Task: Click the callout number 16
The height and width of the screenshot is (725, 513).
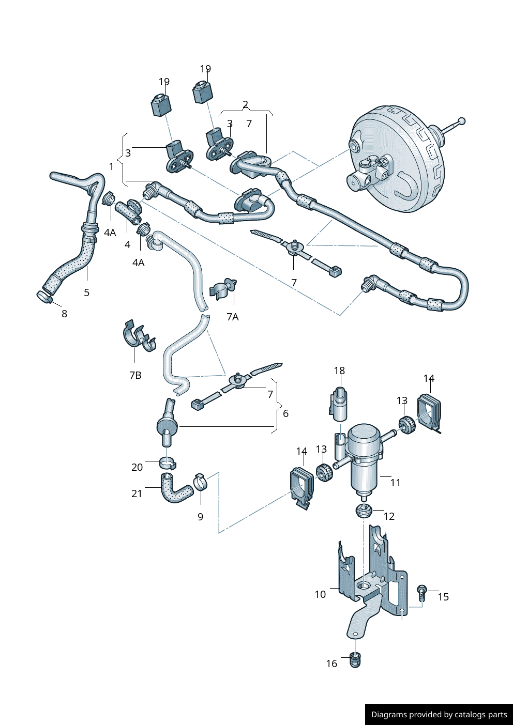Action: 331,664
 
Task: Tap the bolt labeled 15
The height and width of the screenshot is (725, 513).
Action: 422,592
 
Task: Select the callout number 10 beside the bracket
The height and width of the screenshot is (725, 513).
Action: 320,594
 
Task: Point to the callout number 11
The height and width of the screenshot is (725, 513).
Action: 395,483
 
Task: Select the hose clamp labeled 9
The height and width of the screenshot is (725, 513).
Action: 201,482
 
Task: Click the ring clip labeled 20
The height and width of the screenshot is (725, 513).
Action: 167,461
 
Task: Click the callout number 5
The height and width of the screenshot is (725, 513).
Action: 86,292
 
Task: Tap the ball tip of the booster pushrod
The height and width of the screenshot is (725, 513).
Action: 462,121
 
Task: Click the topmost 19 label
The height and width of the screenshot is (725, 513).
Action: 205,69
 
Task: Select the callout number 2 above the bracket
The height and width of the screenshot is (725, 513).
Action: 245,104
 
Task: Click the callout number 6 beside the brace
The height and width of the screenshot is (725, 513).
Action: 285,413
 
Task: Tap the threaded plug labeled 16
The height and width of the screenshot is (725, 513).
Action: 355,660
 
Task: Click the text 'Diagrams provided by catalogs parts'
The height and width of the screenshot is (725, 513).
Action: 439,715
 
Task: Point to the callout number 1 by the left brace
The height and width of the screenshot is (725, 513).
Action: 111,166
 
